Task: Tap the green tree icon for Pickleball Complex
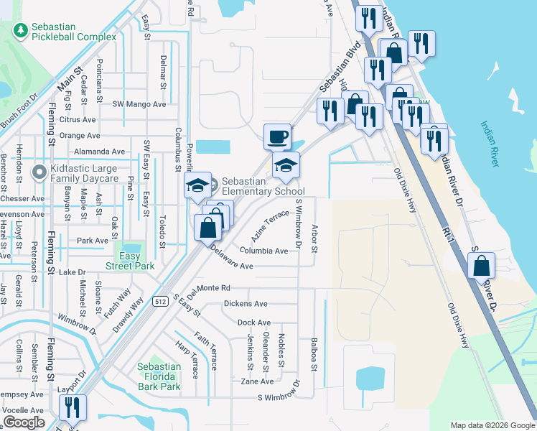[21, 31]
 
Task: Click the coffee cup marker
[277, 135]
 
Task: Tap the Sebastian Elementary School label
[263, 186]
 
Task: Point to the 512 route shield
[161, 302]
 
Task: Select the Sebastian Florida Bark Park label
[159, 376]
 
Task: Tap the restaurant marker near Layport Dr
[73, 408]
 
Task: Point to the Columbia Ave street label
[264, 251]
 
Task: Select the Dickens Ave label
[246, 304]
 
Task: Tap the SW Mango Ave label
[139, 104]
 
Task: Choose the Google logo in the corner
[24, 422]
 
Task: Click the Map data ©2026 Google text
[492, 425]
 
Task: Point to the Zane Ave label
[257, 381]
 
